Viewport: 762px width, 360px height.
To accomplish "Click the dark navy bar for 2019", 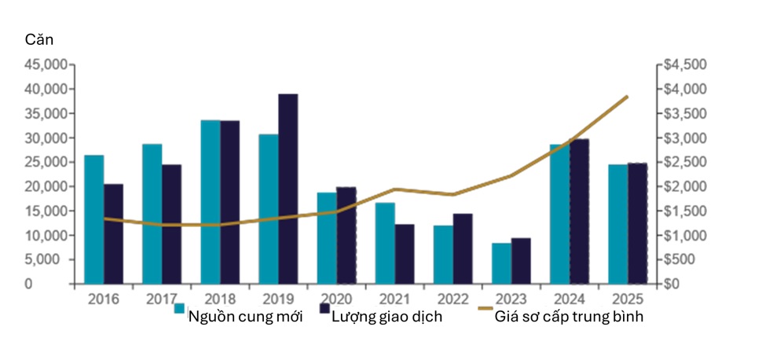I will (x=288, y=189).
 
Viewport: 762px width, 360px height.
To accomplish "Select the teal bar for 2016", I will (x=94, y=219).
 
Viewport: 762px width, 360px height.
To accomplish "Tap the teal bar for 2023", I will (x=501, y=263).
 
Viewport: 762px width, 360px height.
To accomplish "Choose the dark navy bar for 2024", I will (x=579, y=211).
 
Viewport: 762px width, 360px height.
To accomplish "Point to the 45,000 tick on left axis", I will (x=46, y=64).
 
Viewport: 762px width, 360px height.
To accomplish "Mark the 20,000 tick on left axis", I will (x=46, y=186).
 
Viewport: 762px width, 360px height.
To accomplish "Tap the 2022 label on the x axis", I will (x=444, y=299).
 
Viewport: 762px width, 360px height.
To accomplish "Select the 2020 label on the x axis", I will (x=328, y=299).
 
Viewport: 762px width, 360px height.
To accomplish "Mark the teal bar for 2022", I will (x=443, y=255).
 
